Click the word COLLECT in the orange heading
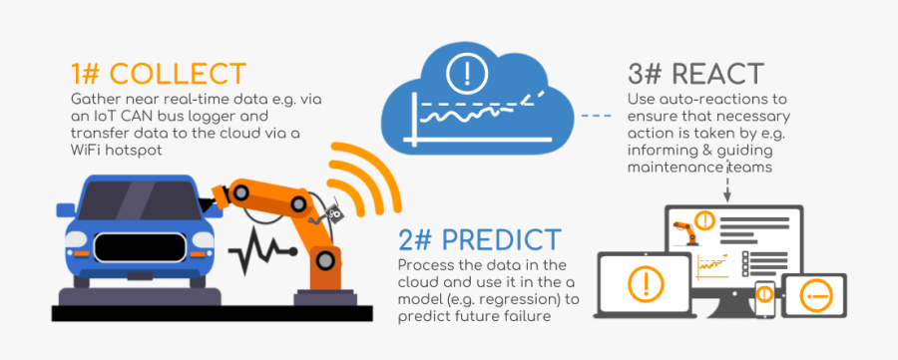pyautogui.click(x=177, y=74)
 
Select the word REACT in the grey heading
pyautogui.click(x=715, y=74)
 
